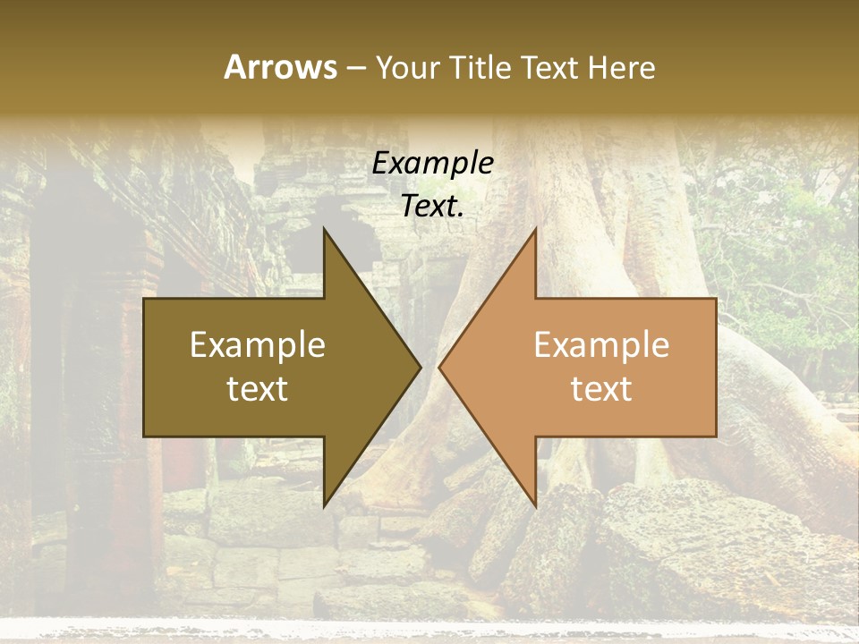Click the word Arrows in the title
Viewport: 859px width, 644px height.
pos(280,67)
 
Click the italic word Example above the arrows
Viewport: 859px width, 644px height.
pos(432,164)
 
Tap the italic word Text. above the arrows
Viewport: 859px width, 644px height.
pos(432,207)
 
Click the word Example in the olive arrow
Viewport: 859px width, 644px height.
pos(258,345)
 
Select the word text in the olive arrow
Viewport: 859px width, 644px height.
pos(258,389)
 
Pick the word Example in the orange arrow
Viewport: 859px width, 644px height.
pos(601,345)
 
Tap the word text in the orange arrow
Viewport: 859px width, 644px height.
pos(601,389)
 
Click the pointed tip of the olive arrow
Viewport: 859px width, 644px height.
pos(418,368)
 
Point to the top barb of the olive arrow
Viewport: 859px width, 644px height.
pos(327,234)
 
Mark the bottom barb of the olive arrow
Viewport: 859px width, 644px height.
pos(327,501)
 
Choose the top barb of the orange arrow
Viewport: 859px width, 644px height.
pos(533,234)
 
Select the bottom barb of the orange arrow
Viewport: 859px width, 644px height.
pos(533,501)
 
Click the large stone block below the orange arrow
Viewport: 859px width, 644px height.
pos(680,537)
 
